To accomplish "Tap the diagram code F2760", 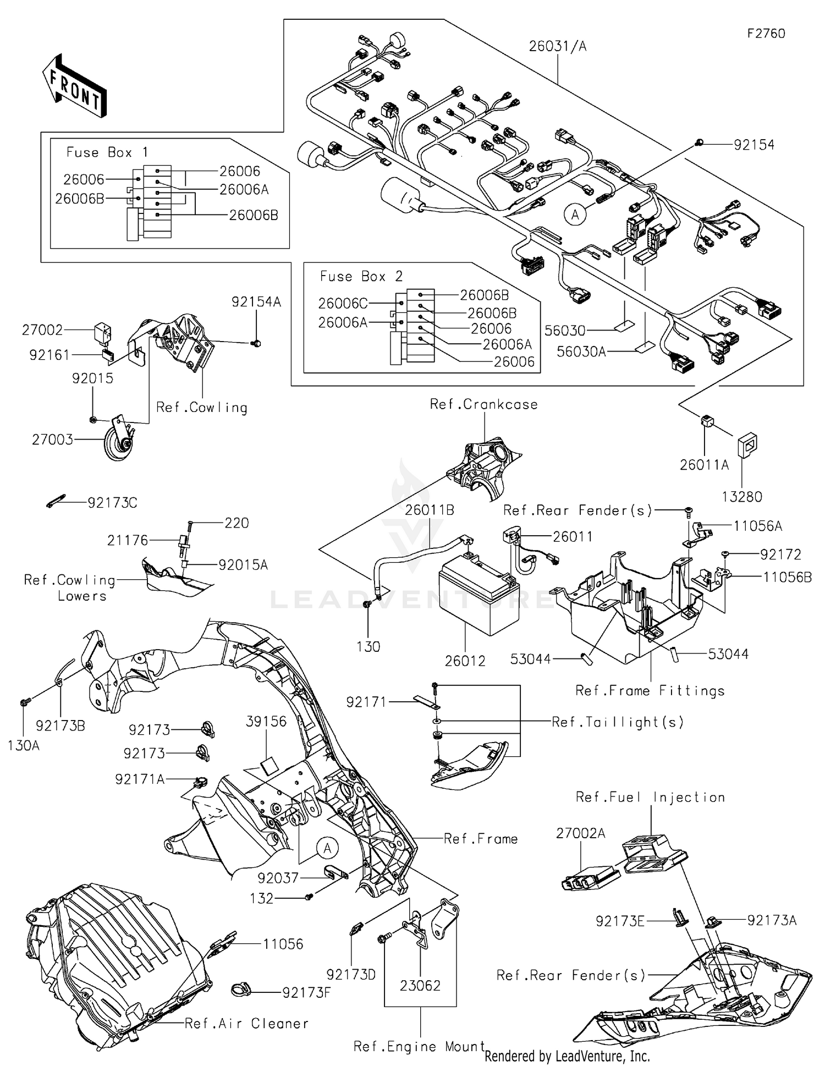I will (766, 34).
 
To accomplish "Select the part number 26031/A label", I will (558, 46).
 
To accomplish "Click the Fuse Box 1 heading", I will (107, 152).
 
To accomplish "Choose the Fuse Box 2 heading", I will (361, 276).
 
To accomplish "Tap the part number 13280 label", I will (741, 497).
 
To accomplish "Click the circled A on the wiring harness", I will (575, 215).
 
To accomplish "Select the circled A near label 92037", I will (327, 849).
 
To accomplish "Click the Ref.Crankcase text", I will (483, 404).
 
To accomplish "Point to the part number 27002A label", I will (580, 833).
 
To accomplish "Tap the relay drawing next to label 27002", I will (105, 331).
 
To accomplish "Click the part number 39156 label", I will (266, 721).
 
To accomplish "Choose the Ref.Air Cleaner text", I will (246, 1024).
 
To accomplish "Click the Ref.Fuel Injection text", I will (650, 797).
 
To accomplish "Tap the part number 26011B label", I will (430, 510).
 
